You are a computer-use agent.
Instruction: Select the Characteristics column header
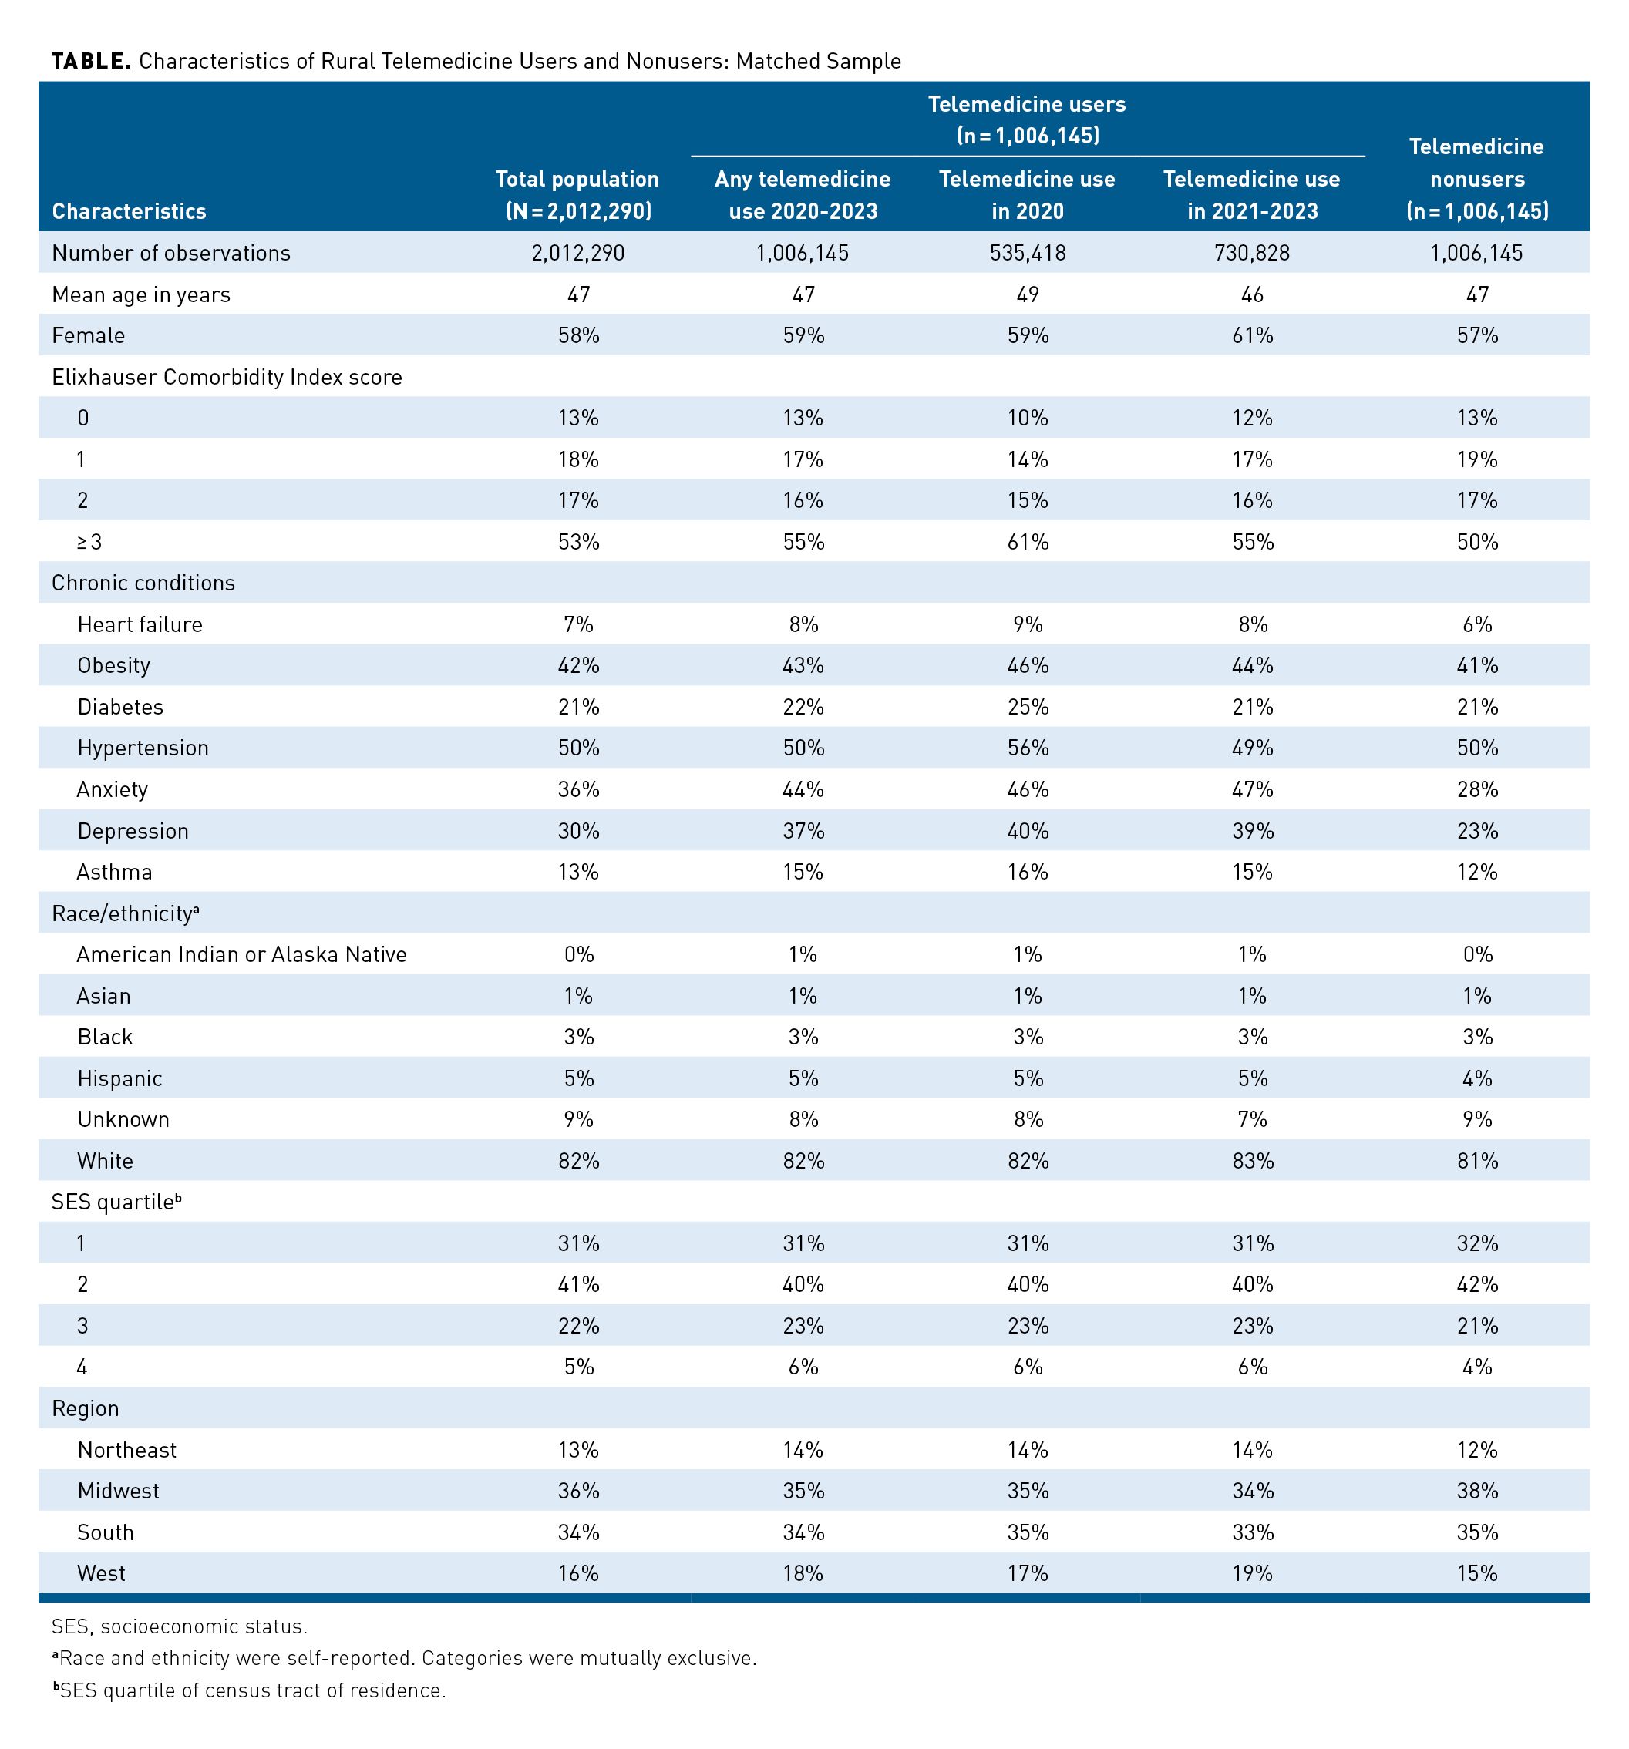[x=129, y=211]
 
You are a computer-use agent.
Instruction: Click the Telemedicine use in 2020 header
[x=1026, y=195]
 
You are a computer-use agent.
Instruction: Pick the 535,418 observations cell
[x=1026, y=254]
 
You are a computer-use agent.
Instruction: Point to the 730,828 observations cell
[x=1251, y=254]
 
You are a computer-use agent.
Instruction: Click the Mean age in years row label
[x=141, y=294]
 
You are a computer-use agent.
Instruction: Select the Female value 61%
[x=1251, y=335]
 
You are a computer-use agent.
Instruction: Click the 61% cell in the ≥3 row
[x=1027, y=542]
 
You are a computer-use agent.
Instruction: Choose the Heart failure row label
[x=140, y=624]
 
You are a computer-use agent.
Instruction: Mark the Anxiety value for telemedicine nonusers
[x=1477, y=789]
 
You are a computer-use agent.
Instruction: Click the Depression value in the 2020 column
[x=1027, y=830]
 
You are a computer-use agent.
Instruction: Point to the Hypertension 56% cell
[x=1027, y=748]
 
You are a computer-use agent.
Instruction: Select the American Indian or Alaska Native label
[x=241, y=954]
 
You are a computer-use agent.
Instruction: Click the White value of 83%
[x=1251, y=1160]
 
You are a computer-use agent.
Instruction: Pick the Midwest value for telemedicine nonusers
[x=1477, y=1490]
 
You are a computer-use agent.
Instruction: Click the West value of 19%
[x=1251, y=1573]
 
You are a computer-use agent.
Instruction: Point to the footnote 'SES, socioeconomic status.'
[x=180, y=1626]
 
